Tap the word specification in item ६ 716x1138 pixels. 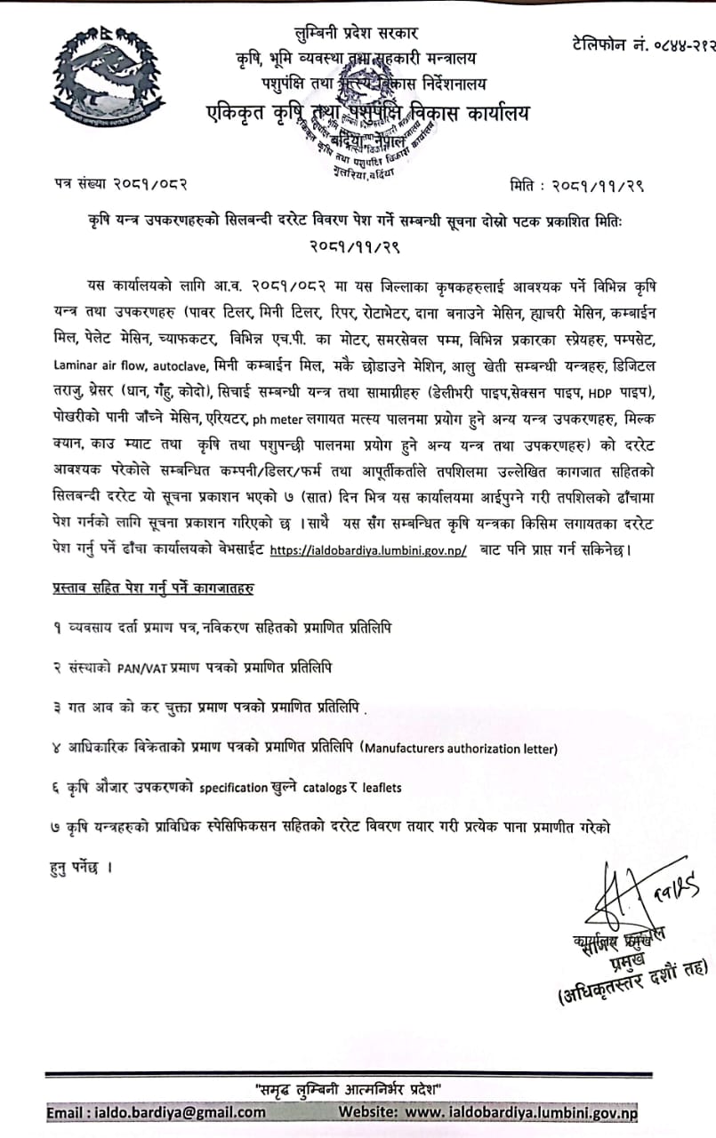233,788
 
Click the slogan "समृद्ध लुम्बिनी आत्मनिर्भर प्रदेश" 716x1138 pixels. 350,1089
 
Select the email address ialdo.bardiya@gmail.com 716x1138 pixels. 157,1112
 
